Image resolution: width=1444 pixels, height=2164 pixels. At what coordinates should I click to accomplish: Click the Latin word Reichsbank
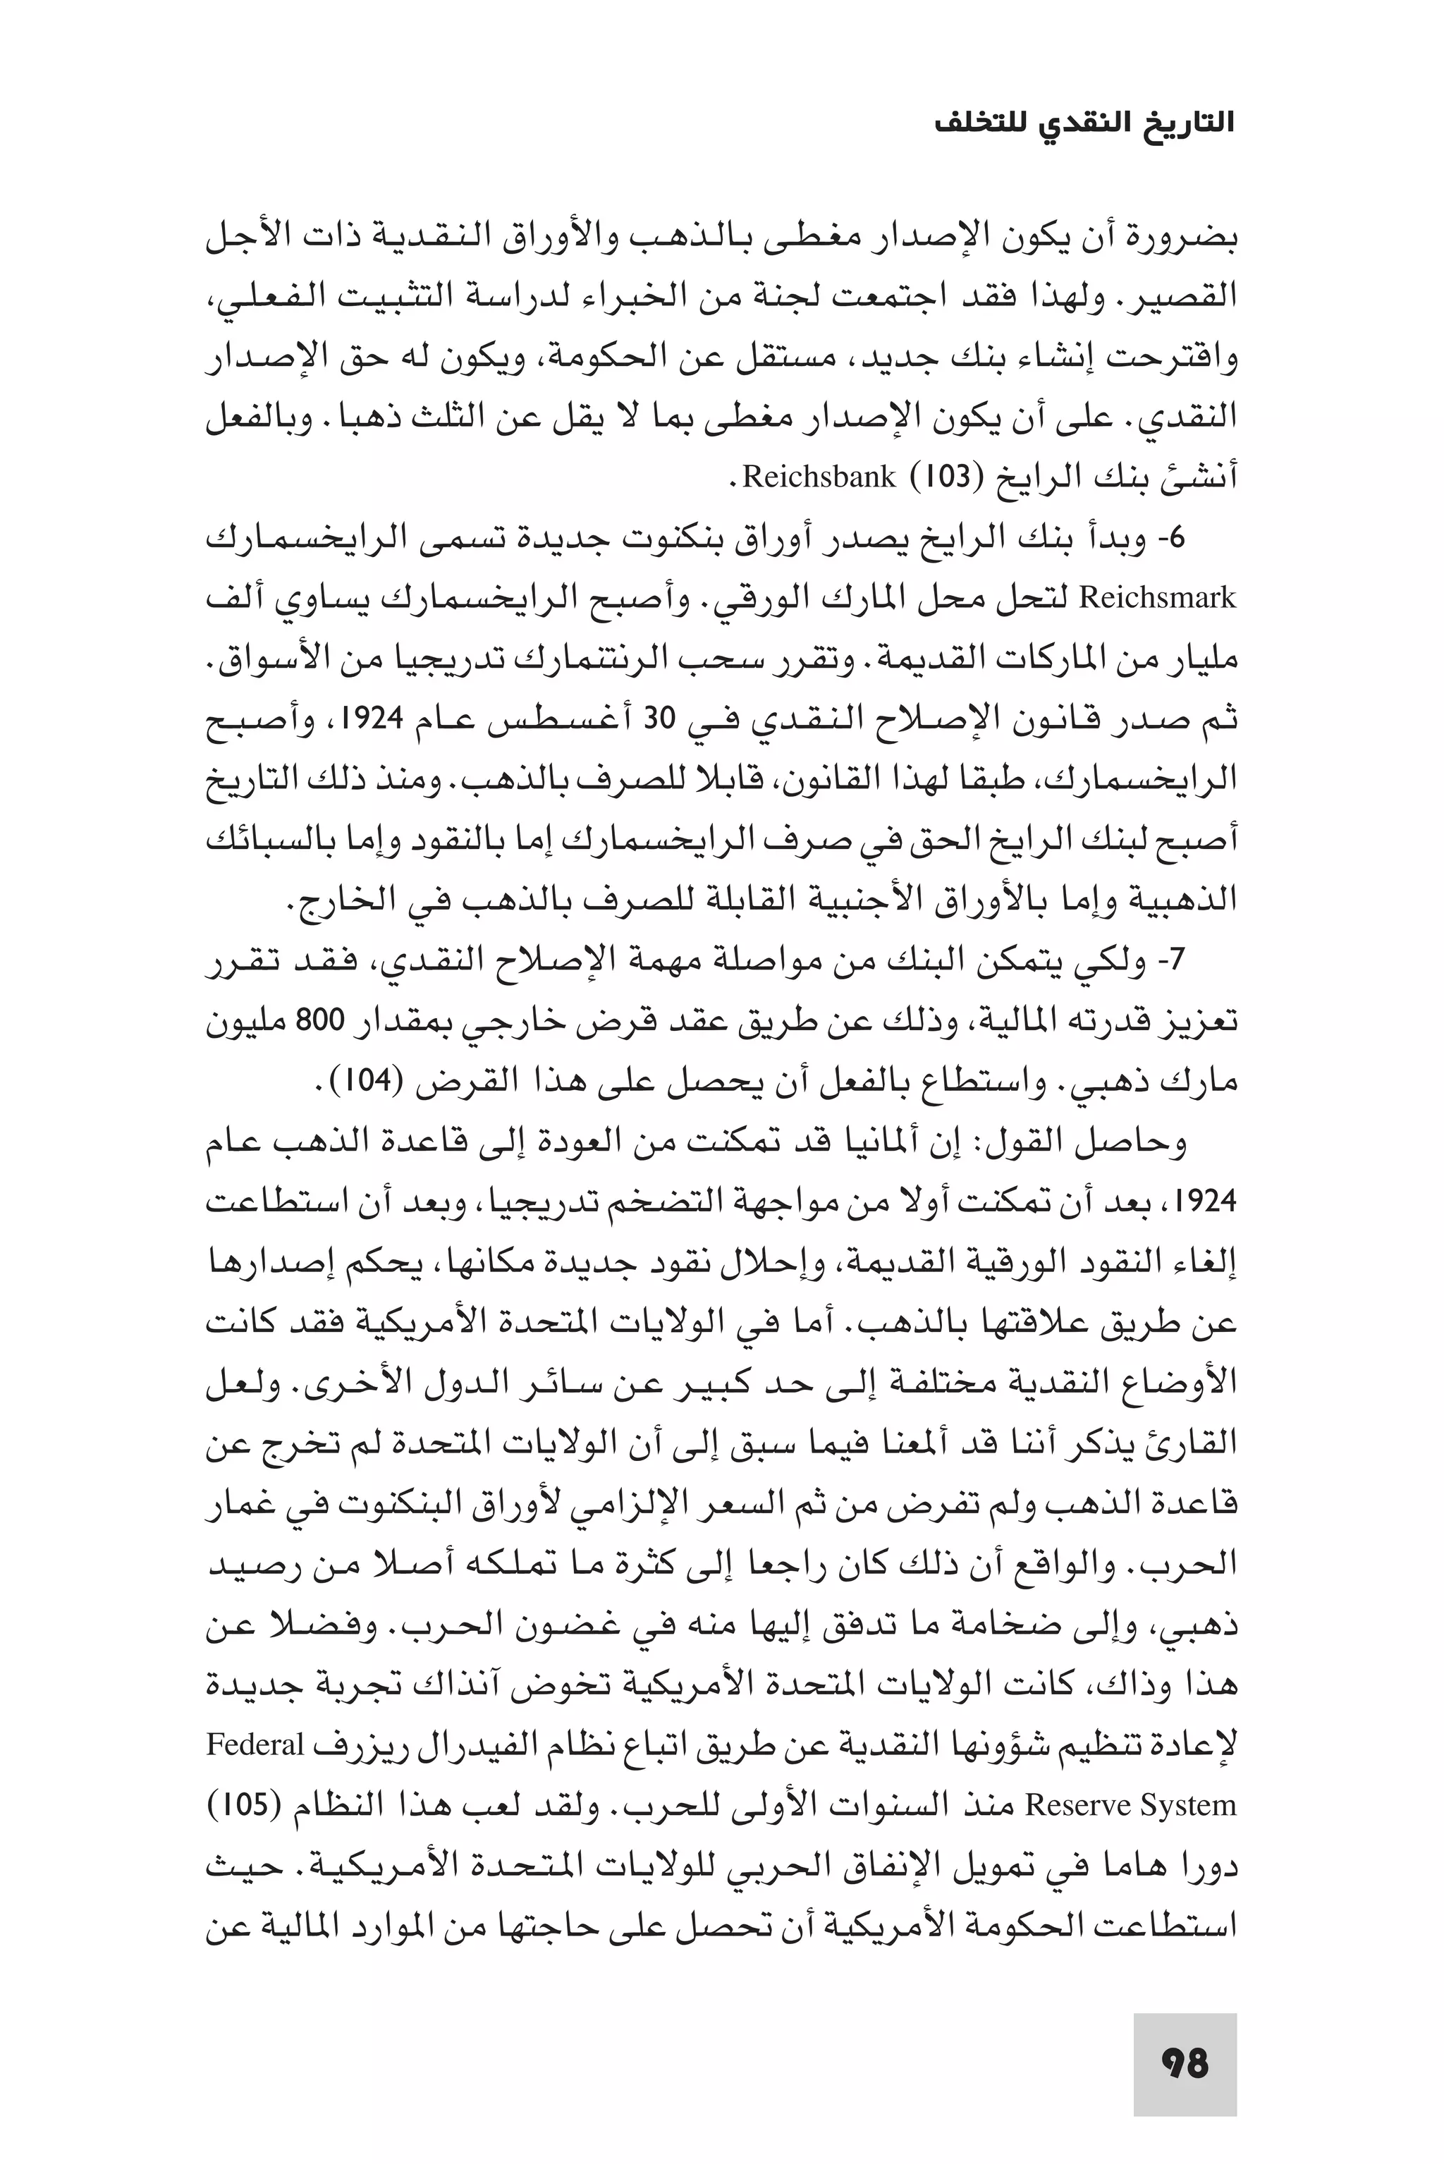(x=817, y=477)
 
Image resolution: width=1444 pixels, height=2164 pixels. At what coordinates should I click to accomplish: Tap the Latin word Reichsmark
(x=1156, y=599)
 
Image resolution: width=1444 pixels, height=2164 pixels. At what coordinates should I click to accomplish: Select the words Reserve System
(x=1131, y=1806)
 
